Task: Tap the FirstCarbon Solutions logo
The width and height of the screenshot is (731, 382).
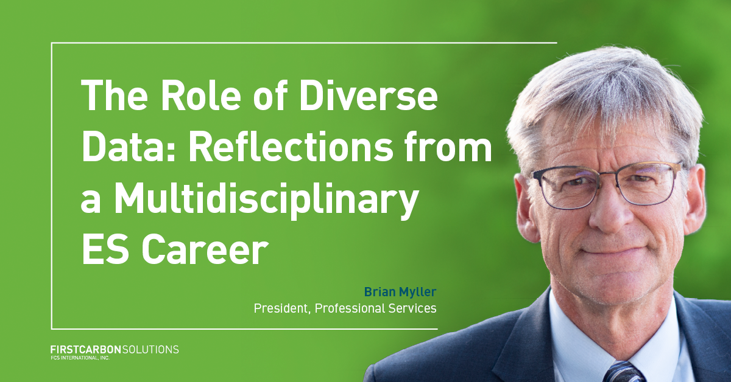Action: click(x=115, y=350)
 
